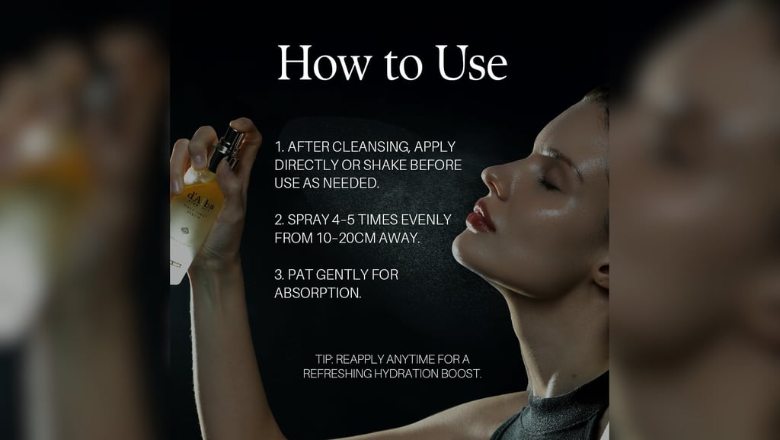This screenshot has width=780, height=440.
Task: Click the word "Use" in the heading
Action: [472, 63]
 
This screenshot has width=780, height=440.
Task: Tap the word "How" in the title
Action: [324, 63]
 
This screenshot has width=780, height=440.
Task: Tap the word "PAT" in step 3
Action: [300, 275]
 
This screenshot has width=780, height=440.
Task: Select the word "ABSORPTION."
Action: [318, 293]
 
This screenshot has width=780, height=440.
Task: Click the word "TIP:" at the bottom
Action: [324, 359]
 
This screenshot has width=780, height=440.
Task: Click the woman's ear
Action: [602, 274]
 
